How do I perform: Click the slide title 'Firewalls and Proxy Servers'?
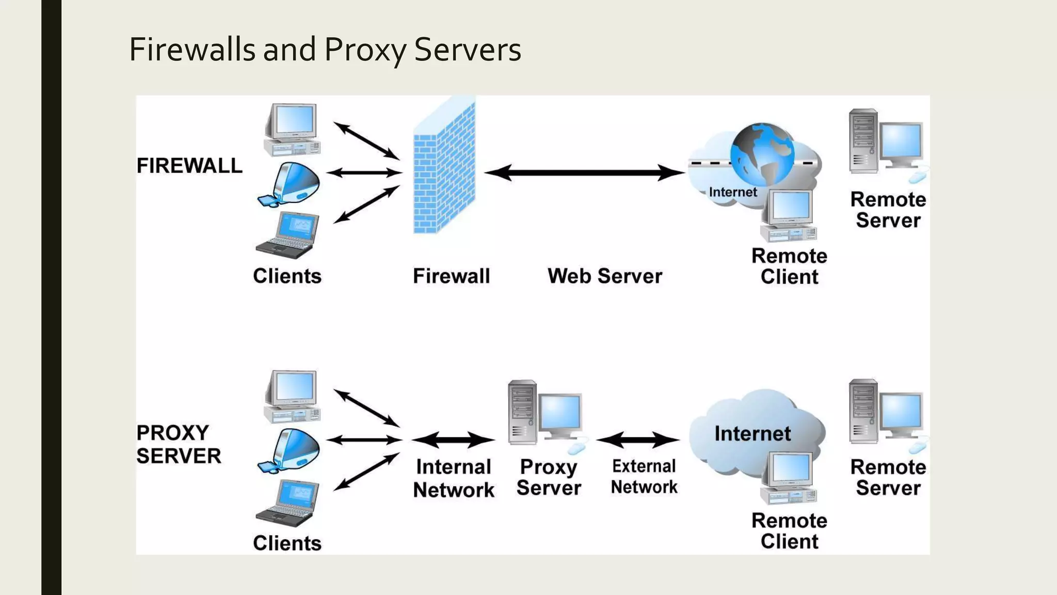(325, 50)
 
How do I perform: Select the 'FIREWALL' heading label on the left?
(189, 166)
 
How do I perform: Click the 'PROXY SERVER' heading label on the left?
(179, 444)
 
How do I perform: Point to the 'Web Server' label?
(604, 276)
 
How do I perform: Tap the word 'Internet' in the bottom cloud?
(752, 433)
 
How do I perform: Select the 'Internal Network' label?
(453, 478)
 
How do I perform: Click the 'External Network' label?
(644, 477)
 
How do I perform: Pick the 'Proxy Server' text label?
(549, 477)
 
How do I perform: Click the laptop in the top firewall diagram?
(288, 235)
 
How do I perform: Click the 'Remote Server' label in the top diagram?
(888, 210)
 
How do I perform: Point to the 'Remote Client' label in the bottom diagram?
(789, 530)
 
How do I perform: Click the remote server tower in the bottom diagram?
(863, 412)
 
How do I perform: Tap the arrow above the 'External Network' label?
(638, 440)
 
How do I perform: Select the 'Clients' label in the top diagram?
(287, 276)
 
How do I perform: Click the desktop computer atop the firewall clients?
(292, 129)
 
